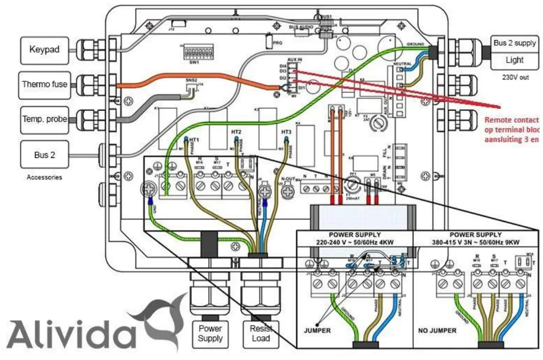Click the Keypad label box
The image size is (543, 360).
(44, 49)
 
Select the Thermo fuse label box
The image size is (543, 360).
(44, 84)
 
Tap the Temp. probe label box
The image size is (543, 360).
(44, 120)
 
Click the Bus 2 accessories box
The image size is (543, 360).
(44, 155)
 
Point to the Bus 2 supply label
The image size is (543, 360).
(514, 43)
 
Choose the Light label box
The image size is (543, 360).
(514, 60)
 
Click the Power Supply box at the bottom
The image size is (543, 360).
(210, 333)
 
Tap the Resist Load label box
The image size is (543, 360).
(261, 333)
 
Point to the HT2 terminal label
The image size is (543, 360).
(236, 132)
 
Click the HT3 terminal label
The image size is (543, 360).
(286, 132)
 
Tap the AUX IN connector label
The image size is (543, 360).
(295, 60)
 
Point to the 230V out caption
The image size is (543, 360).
(514, 78)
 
